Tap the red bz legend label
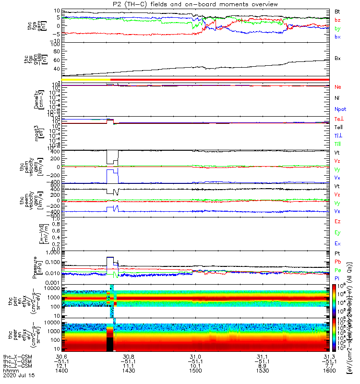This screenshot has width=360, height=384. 337,20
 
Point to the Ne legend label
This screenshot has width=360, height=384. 337,87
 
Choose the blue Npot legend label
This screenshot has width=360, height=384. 339,109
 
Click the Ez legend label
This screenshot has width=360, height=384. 337,221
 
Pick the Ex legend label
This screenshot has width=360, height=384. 337,243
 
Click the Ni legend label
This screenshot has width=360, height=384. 337,98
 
